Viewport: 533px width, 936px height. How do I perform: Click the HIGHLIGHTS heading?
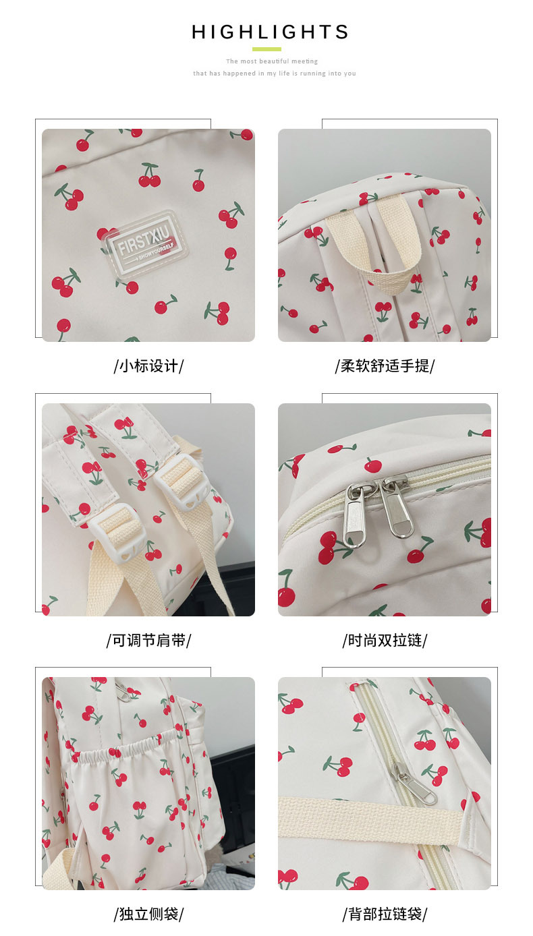(x=270, y=32)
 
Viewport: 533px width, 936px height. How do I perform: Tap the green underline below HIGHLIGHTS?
(x=266, y=49)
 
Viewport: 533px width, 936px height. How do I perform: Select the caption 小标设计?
(x=149, y=366)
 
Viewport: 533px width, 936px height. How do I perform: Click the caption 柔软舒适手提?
(x=385, y=366)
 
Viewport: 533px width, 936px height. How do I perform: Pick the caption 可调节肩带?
(x=149, y=640)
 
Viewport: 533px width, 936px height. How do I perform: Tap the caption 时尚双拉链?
(x=385, y=640)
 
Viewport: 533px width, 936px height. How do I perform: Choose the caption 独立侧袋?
(x=149, y=914)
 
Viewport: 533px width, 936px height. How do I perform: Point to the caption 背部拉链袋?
(x=385, y=914)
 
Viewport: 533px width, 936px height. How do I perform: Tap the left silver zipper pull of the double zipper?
(x=354, y=515)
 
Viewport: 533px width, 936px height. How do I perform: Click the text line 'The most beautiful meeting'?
(x=272, y=61)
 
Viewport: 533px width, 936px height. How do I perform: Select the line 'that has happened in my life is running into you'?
(x=274, y=74)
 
